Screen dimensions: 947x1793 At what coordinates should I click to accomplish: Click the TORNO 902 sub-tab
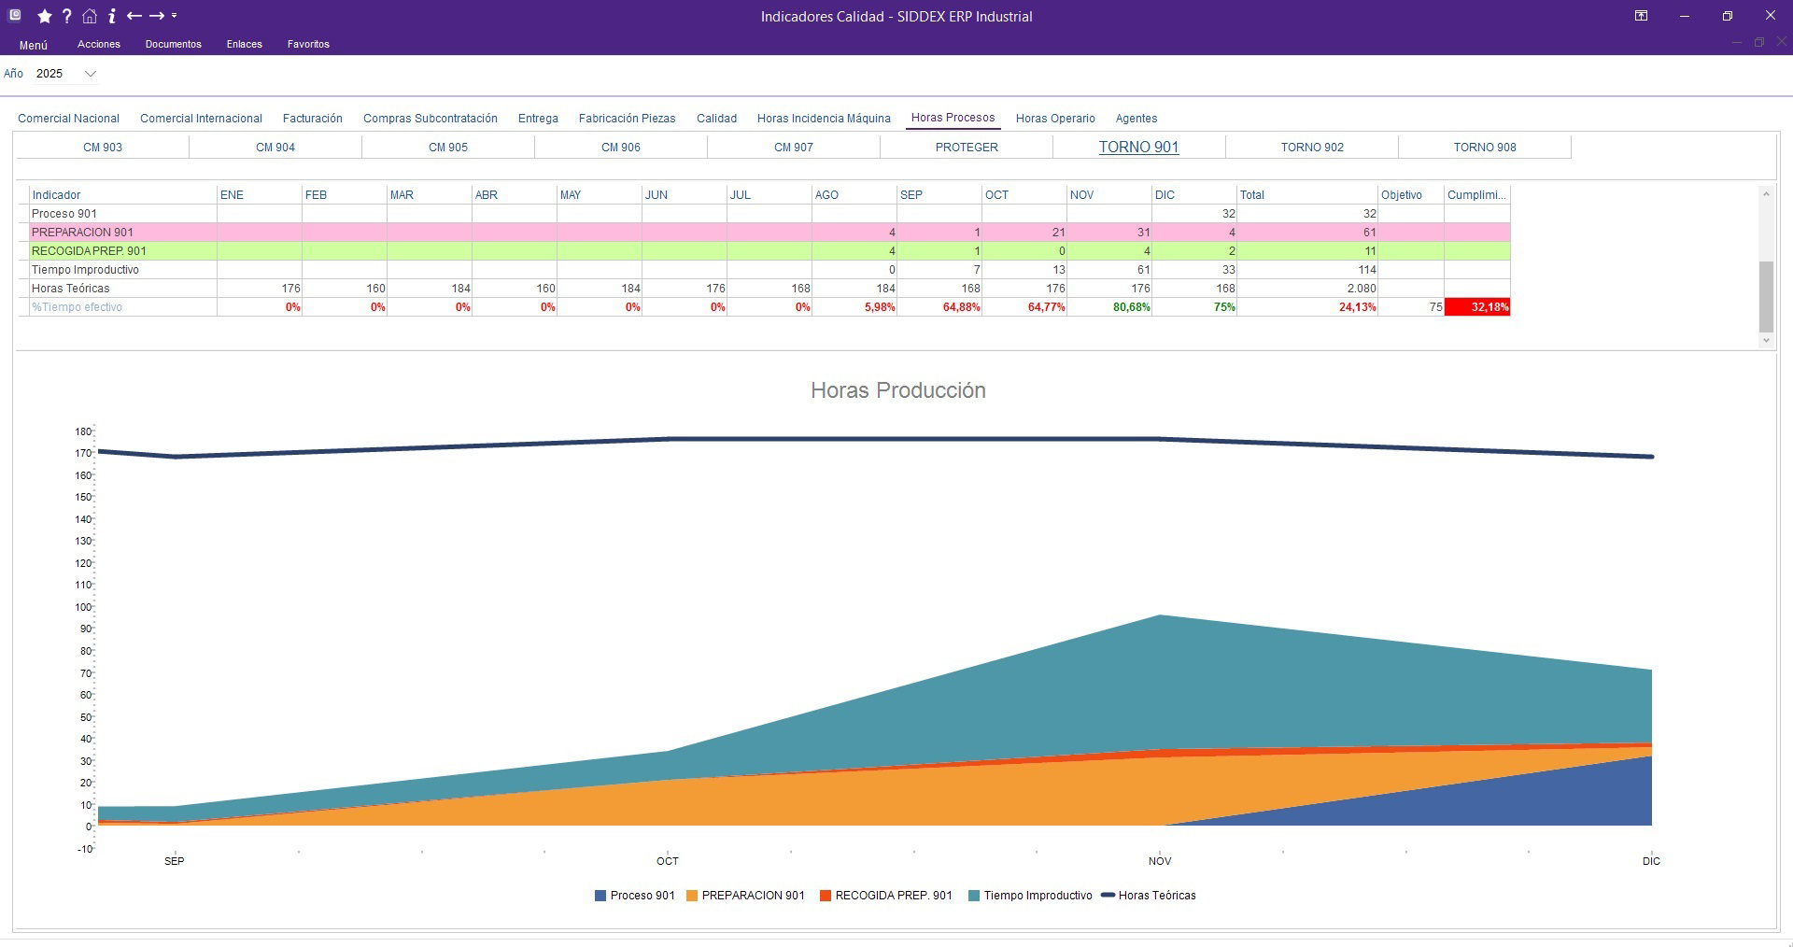1311,148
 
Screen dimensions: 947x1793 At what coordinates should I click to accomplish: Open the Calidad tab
716,119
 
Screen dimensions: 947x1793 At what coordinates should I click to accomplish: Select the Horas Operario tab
1054,119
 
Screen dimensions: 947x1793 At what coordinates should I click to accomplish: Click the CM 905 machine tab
447,148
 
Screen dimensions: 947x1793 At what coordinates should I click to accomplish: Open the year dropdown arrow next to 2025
91,74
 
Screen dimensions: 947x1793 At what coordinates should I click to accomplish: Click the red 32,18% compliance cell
1476,307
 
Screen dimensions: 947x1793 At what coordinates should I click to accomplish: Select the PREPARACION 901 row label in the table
82,233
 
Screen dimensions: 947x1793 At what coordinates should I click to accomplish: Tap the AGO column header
826,195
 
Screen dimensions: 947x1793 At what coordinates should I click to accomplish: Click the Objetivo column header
1401,195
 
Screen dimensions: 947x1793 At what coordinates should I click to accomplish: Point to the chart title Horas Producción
897,390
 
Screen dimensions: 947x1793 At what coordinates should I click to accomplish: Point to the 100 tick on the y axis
84,607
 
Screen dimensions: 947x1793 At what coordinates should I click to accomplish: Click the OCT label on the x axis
667,861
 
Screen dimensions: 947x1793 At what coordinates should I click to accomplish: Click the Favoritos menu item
308,44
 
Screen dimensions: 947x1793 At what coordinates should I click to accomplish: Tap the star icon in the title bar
44,16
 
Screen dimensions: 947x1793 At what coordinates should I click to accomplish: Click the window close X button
1770,16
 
